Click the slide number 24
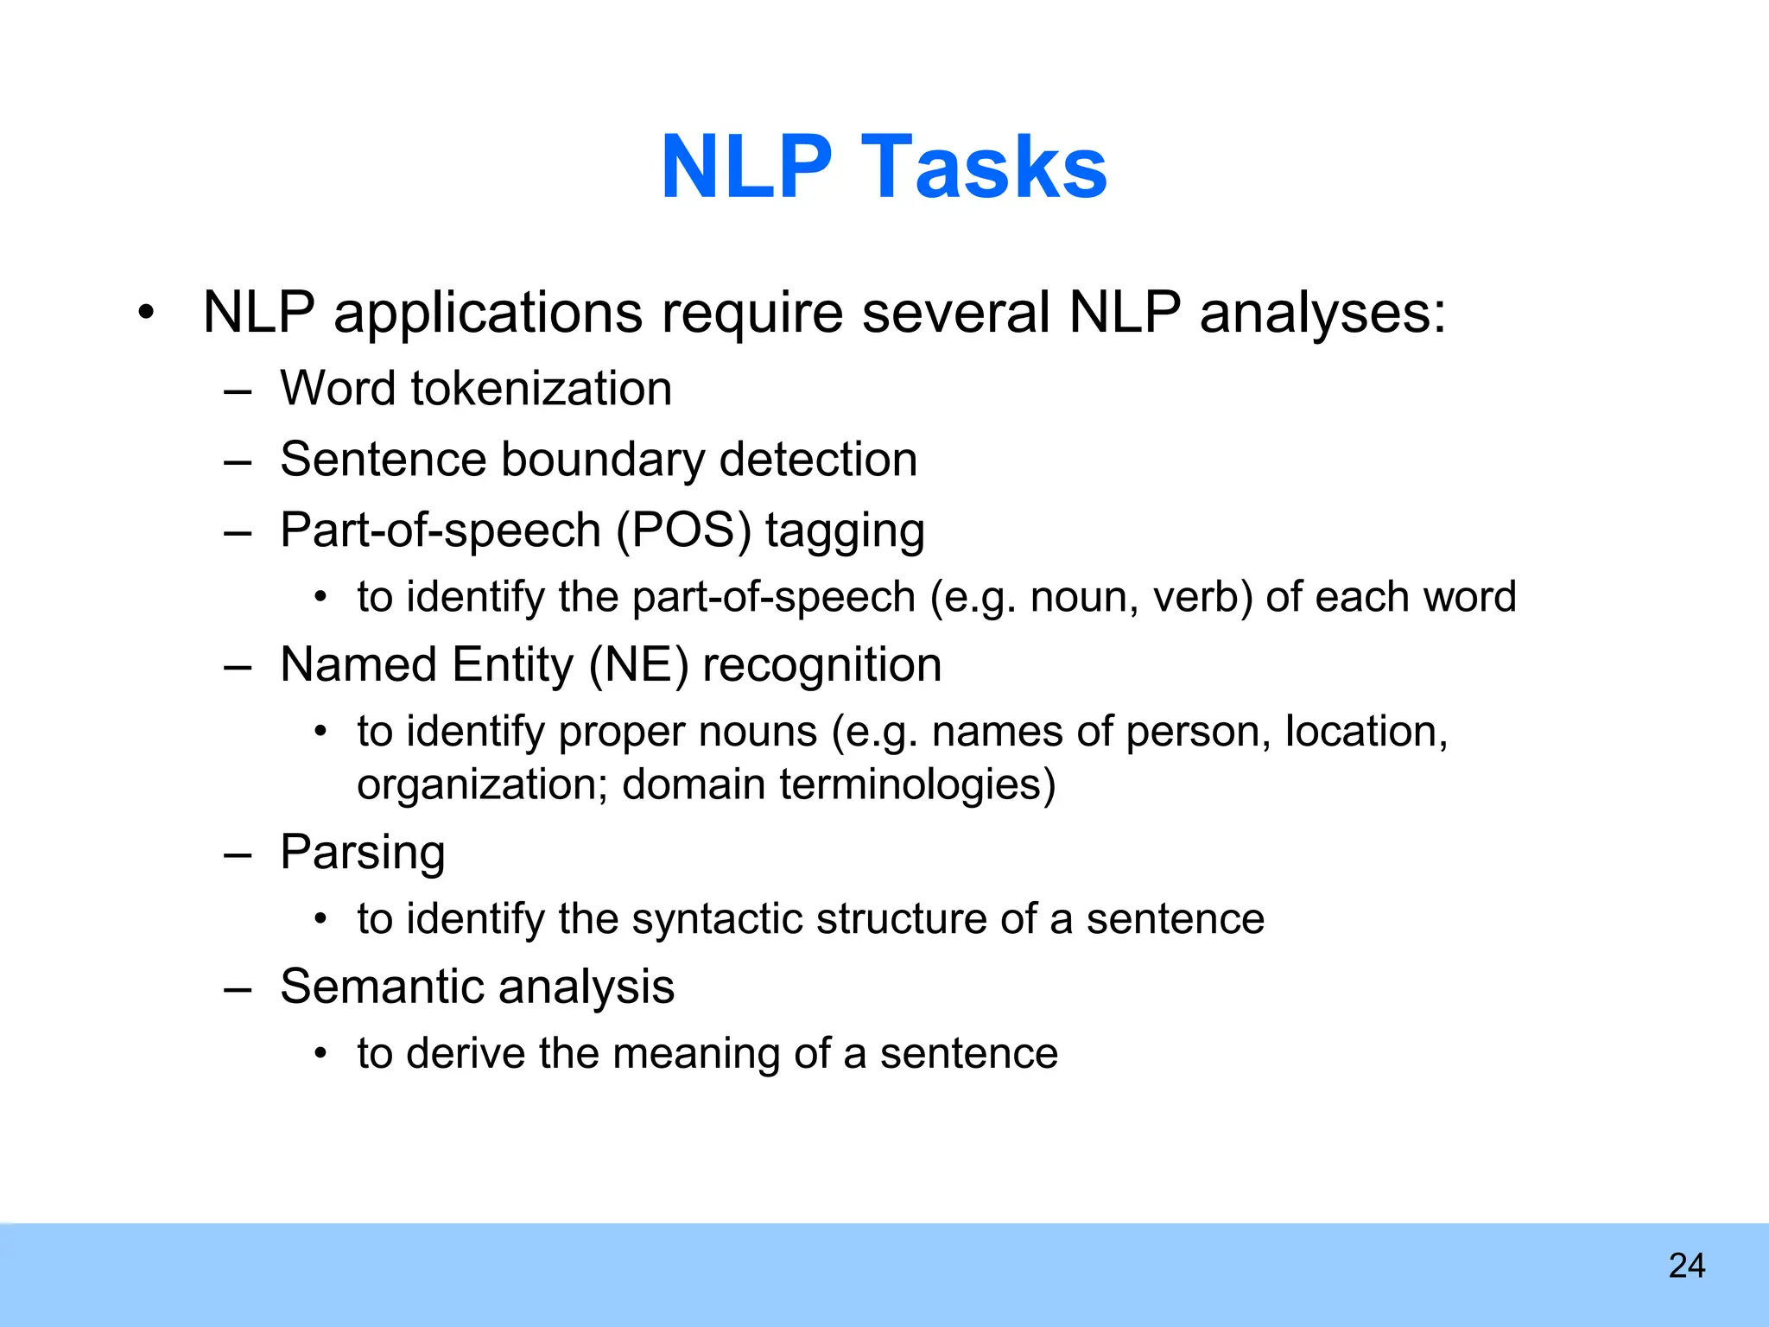click(x=1686, y=1266)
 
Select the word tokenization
click(x=541, y=388)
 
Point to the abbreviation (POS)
click(x=683, y=530)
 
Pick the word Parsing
click(x=363, y=853)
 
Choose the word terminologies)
click(x=917, y=784)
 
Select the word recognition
click(x=821, y=665)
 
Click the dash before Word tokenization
click(x=237, y=390)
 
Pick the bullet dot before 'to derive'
click(x=321, y=1054)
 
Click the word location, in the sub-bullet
click(x=1366, y=732)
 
